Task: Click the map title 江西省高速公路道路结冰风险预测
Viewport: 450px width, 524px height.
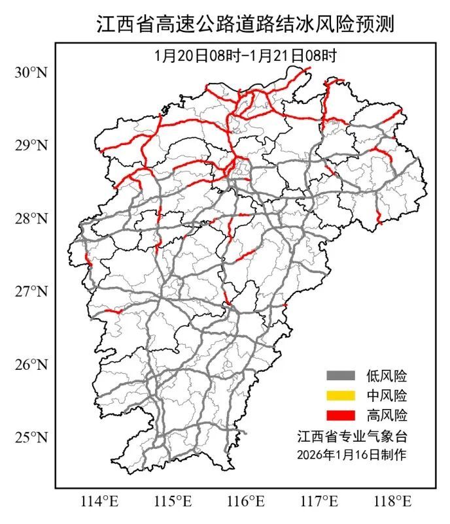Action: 246,24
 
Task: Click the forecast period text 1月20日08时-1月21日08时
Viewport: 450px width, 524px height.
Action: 245,56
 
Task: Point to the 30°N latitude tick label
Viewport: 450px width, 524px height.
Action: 31,72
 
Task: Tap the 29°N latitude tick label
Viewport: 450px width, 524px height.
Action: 31,144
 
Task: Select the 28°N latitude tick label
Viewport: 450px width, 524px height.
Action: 31,218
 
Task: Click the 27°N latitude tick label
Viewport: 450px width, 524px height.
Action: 31,291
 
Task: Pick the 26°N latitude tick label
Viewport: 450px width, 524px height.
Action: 31,364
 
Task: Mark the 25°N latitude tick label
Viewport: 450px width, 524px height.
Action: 31,437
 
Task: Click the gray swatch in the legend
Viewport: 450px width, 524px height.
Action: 341,376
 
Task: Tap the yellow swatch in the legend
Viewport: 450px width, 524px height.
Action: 341,395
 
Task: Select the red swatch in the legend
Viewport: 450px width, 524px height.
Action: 341,415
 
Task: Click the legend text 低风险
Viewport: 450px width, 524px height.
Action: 387,376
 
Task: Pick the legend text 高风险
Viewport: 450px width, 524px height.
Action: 387,415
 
